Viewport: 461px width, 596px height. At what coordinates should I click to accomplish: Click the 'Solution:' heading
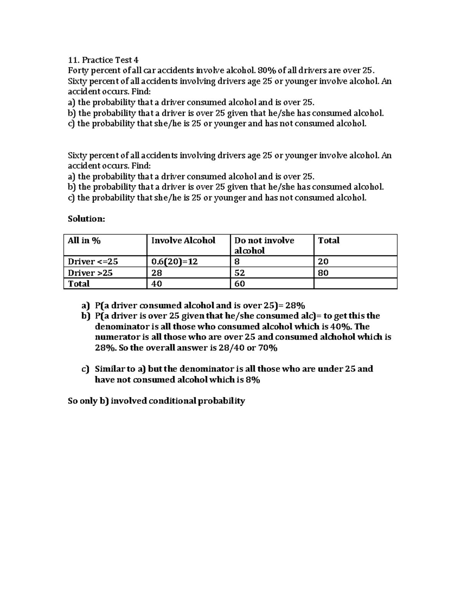point(86,219)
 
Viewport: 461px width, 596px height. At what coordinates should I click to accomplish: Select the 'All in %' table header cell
point(84,241)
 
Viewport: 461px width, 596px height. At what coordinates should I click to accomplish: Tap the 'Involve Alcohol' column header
point(183,241)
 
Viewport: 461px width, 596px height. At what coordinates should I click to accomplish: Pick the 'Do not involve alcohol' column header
point(264,245)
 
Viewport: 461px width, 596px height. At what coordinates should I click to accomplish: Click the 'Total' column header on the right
point(329,241)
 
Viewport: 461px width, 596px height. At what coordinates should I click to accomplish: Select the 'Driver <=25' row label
point(93,262)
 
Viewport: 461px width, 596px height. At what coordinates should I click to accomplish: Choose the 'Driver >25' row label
point(90,273)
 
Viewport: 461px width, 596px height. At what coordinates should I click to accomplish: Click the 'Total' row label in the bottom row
point(79,284)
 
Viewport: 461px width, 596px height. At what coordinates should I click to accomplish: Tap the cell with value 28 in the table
point(157,273)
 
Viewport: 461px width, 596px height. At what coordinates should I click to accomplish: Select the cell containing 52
point(240,273)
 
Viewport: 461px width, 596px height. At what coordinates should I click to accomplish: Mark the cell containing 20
point(323,262)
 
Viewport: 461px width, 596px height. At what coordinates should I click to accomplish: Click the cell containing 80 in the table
point(323,273)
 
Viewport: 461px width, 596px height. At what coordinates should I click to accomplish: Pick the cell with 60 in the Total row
point(240,284)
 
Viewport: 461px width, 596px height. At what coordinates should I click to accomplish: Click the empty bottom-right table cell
point(355,284)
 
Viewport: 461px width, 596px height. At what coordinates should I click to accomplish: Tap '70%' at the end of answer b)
point(267,348)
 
